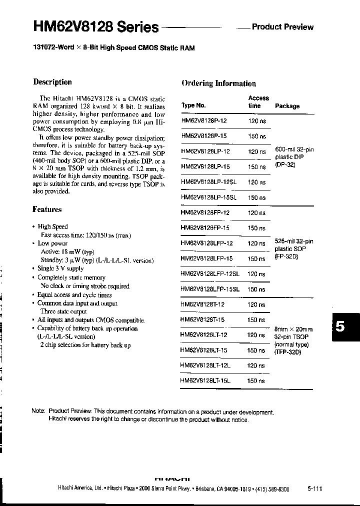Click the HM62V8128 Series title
[96, 27]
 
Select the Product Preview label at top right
[282, 27]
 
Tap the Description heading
[52, 82]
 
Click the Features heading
[47, 209]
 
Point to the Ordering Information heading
[218, 83]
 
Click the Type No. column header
[193, 105]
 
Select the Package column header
[287, 106]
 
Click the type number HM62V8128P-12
[204, 121]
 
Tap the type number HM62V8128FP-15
[205, 228]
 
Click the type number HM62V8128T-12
[203, 304]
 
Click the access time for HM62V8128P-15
[256, 136]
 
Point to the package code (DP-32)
[285, 164]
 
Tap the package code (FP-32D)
[286, 256]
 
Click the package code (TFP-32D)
[287, 352]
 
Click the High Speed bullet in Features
[52, 226]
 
